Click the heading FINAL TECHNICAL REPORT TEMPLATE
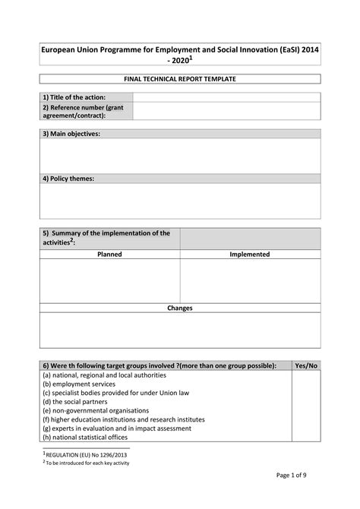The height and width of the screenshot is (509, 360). click(180, 79)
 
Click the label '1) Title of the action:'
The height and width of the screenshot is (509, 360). click(74, 97)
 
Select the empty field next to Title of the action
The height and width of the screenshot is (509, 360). click(226, 97)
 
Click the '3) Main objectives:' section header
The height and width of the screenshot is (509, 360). click(71, 134)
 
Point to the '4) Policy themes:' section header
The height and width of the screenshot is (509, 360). click(68, 179)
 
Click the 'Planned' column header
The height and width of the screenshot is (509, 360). click(109, 254)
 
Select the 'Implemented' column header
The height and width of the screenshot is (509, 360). click(250, 254)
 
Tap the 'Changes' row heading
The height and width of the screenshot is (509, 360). click(180, 308)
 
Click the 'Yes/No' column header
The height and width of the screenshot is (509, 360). click(306, 365)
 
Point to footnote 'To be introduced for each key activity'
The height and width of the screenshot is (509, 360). click(87, 463)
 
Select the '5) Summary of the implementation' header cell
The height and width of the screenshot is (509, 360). click(106, 238)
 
